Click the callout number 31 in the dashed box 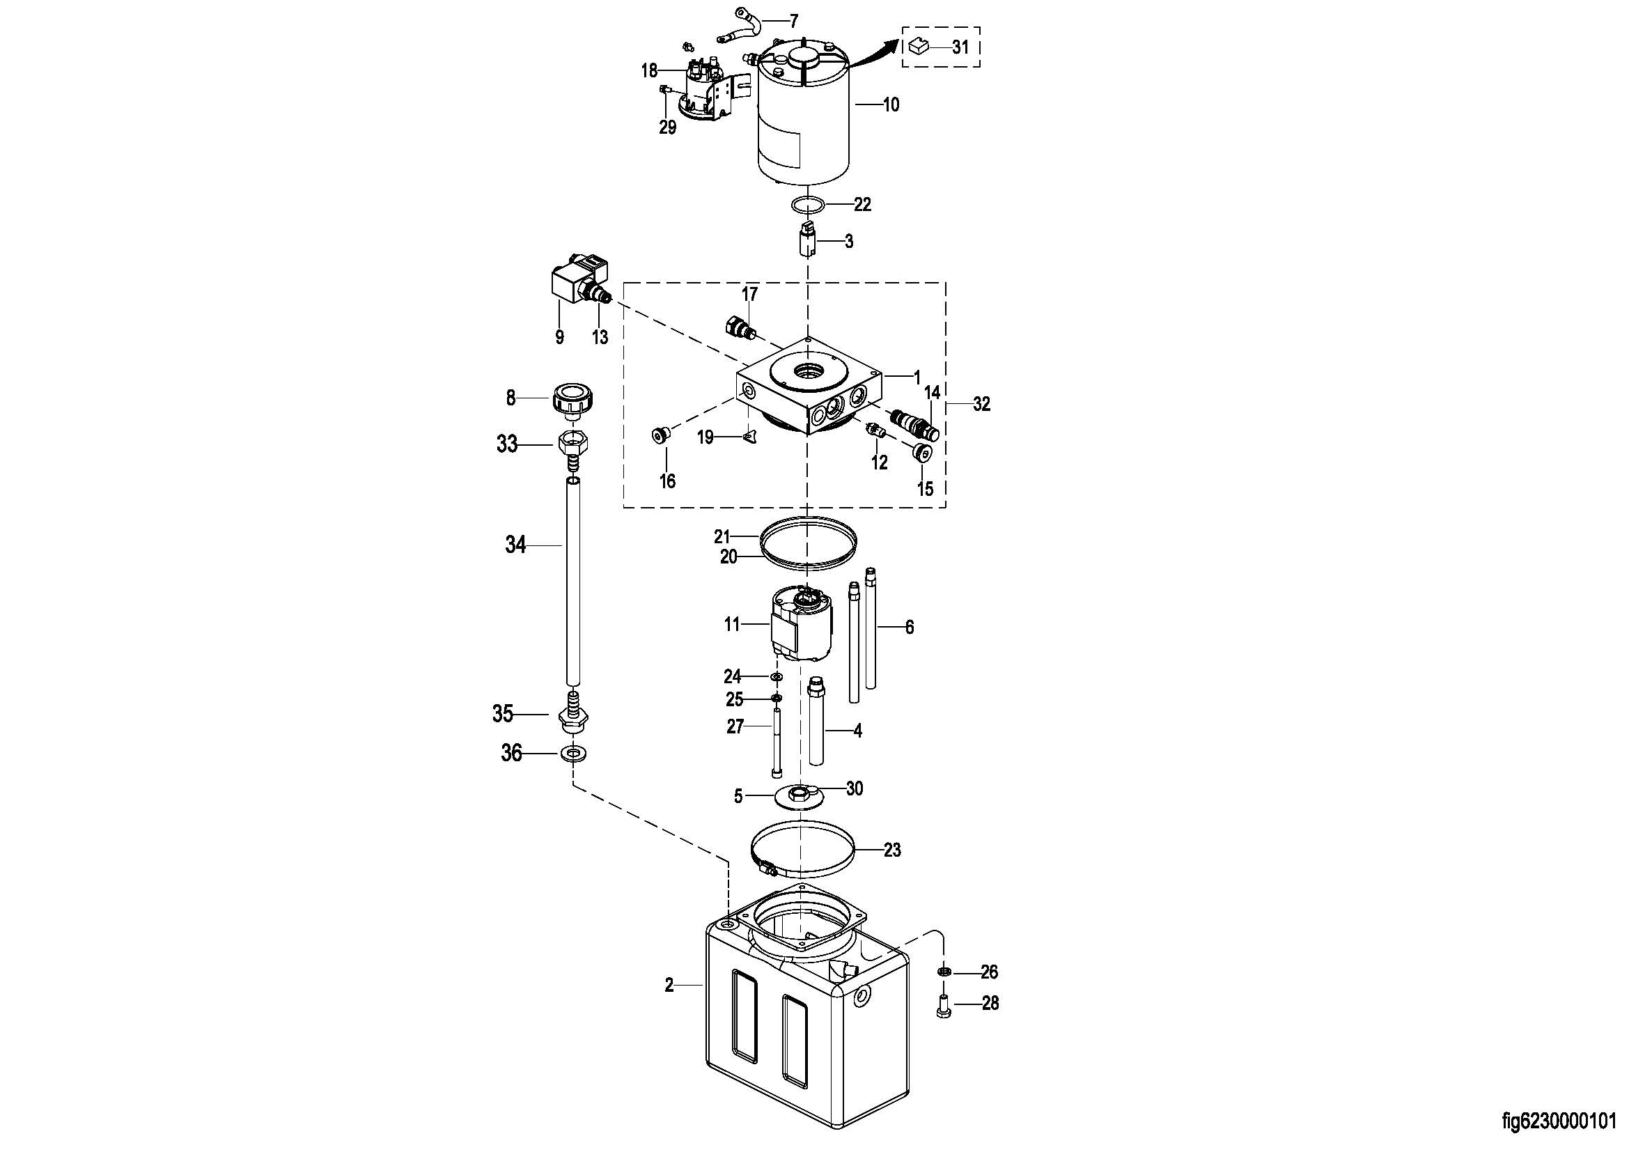click(960, 47)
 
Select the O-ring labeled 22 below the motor click(808, 205)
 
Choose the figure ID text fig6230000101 click(1561, 1121)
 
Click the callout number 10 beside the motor click(891, 105)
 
